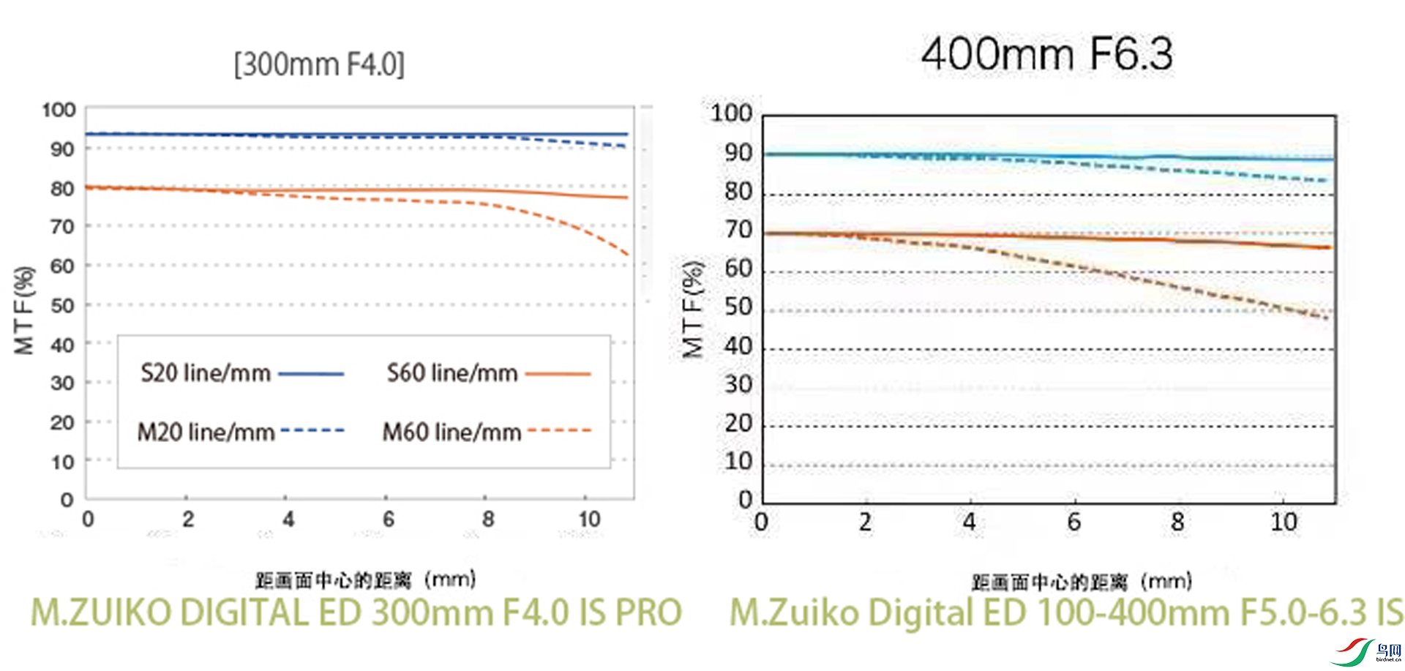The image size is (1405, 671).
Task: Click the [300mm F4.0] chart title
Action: coord(319,64)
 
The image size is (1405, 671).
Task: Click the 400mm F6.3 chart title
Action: coord(1046,54)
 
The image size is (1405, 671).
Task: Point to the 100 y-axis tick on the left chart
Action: coord(59,110)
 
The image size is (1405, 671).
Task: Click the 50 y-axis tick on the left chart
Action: coord(62,305)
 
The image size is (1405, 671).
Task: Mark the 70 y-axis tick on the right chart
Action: coord(738,230)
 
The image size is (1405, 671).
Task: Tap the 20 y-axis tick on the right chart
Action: coord(738,423)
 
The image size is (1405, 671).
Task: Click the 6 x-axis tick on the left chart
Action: coord(389,520)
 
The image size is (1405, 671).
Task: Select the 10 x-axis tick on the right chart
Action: coord(1284,522)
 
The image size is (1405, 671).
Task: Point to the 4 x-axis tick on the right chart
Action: coord(970,522)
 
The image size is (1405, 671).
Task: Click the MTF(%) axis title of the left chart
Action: coord(24,310)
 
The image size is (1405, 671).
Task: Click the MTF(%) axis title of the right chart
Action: coord(692,309)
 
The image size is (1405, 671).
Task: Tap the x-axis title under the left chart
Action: coord(365,580)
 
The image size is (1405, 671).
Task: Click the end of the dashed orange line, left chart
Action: coord(628,255)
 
